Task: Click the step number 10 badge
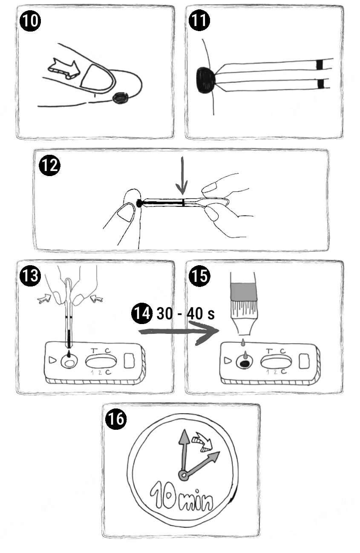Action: [x=30, y=20]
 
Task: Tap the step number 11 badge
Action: [x=199, y=20]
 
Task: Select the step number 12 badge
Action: [x=49, y=165]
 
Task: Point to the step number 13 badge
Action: [x=30, y=276]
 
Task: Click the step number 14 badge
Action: [x=141, y=313]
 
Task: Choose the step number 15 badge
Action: [x=199, y=276]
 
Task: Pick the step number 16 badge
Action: [x=116, y=419]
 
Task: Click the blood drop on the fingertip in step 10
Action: [x=121, y=98]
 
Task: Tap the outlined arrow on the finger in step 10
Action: [x=64, y=68]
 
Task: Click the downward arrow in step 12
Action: [x=182, y=176]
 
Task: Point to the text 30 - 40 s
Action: [x=186, y=313]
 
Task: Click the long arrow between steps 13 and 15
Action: [x=179, y=332]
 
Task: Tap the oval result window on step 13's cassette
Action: [x=101, y=362]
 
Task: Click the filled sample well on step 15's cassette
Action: [x=244, y=362]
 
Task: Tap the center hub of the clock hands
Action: [x=184, y=475]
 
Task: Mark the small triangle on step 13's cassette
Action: [x=52, y=360]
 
